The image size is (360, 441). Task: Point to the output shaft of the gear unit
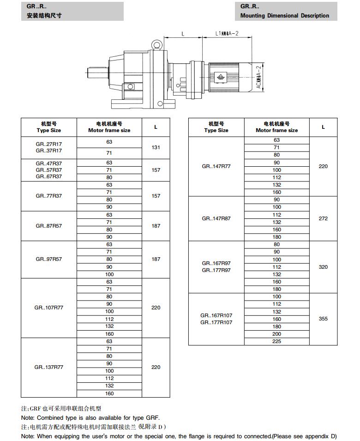96,73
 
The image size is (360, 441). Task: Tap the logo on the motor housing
221,77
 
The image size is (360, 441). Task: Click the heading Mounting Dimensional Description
285,16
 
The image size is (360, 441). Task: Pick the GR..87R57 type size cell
48,226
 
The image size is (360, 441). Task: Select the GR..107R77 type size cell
48,308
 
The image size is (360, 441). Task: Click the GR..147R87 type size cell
216,218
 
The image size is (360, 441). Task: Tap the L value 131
156,148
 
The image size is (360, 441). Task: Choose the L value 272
323,218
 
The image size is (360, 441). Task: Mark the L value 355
323,319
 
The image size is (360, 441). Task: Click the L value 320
323,267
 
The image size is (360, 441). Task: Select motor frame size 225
276,341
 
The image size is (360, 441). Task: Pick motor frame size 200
276,334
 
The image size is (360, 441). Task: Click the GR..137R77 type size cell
48,367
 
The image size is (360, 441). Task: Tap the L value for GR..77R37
156,196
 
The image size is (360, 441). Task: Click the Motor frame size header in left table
109,127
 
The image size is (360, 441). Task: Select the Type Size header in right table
216,127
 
